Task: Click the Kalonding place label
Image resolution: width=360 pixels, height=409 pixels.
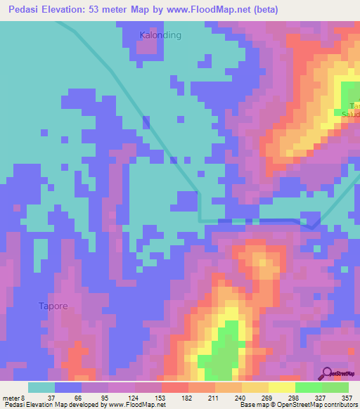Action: [160, 34]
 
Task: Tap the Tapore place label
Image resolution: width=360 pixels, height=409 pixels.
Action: [53, 306]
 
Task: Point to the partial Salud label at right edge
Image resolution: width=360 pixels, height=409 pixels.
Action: [351, 113]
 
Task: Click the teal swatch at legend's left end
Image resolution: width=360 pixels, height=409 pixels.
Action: [41, 388]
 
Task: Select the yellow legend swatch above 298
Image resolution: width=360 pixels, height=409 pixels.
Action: [281, 388]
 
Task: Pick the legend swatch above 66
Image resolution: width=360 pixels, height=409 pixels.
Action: [68, 388]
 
